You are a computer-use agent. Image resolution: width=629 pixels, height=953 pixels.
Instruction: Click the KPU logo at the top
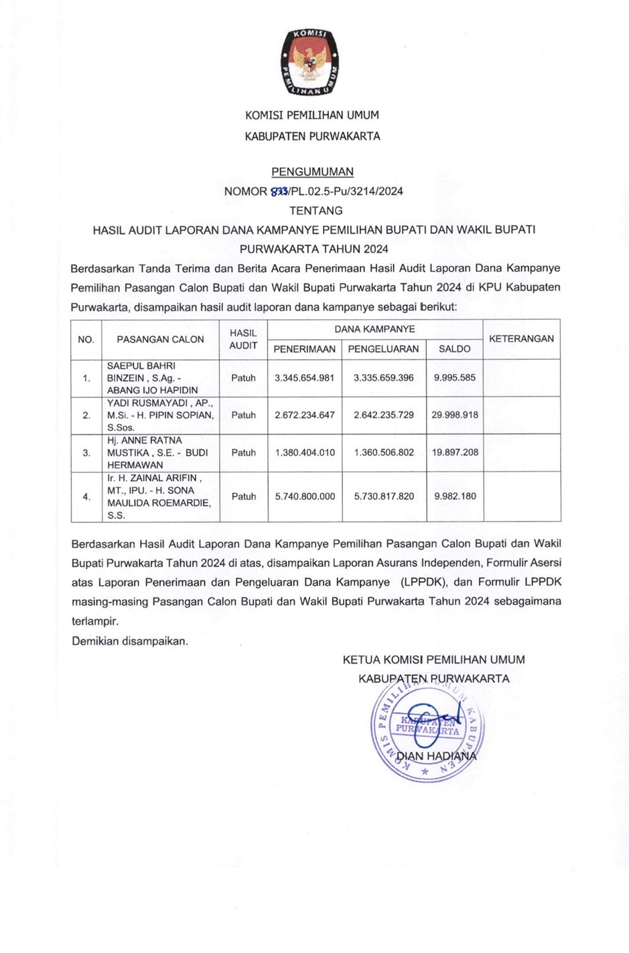coord(310,61)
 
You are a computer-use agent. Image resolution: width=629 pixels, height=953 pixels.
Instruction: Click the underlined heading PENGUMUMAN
coord(312,172)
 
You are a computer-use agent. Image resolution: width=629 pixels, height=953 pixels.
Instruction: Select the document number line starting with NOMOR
coord(313,191)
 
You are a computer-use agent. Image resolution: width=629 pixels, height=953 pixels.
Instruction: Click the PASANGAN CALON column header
coord(160,339)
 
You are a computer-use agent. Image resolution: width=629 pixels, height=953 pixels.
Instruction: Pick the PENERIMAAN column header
coord(304,348)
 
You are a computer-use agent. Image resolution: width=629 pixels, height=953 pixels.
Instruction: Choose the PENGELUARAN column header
coord(383,348)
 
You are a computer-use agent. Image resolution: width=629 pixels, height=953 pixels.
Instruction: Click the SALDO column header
coord(454,348)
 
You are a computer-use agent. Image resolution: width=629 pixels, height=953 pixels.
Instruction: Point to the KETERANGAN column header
coord(521,338)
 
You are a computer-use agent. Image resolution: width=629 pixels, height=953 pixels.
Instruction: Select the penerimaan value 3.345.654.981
coord(304,377)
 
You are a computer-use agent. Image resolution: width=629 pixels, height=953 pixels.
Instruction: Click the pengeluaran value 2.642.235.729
coord(384,415)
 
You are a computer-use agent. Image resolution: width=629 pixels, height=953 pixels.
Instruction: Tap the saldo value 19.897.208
coord(455,452)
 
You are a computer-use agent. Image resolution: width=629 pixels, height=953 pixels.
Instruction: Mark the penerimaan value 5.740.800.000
coord(305,497)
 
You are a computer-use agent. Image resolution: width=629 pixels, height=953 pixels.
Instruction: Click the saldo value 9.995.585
coord(455,377)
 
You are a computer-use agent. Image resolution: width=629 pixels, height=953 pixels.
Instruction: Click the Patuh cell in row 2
coord(243,415)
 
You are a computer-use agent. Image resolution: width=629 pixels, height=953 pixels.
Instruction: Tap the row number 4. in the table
coord(86,497)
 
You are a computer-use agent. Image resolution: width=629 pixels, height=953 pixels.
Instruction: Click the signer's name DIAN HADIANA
coord(436,756)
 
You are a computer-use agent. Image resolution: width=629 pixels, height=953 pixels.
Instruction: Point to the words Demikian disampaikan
coord(130,641)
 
